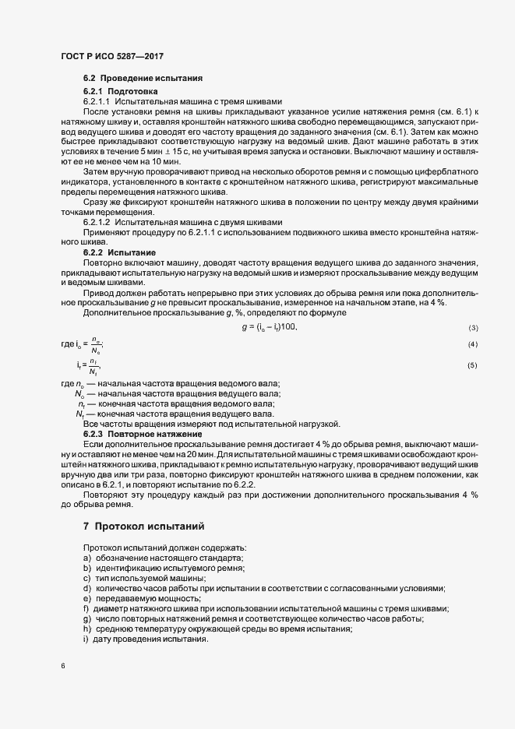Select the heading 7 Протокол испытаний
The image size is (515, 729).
[144, 527]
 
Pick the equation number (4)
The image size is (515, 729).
[472, 322]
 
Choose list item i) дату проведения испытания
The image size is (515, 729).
[145, 639]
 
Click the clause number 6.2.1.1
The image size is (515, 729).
[97, 102]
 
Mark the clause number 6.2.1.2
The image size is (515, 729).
[97, 222]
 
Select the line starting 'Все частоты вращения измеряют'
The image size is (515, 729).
[211, 424]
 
